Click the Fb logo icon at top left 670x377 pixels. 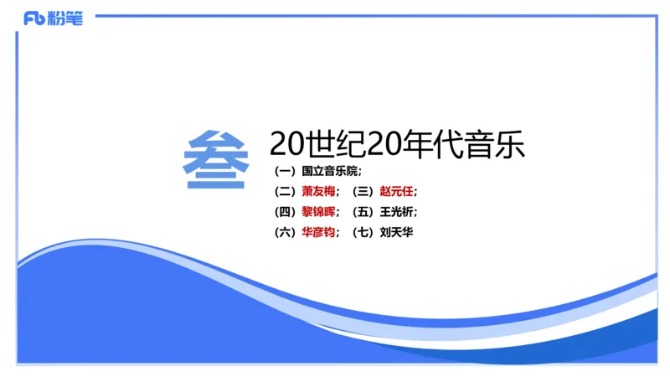click(33, 18)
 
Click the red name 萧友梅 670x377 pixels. click(317, 192)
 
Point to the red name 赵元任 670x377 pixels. click(396, 192)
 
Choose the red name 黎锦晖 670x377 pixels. click(317, 212)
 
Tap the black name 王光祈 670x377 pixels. click(396, 212)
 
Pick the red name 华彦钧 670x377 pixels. click(317, 233)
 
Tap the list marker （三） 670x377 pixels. click(364, 192)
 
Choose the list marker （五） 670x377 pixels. click(364, 212)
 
